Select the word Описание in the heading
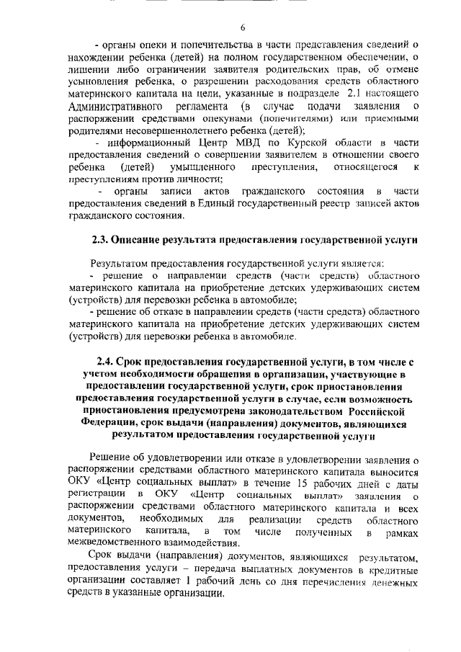(x=146, y=238)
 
